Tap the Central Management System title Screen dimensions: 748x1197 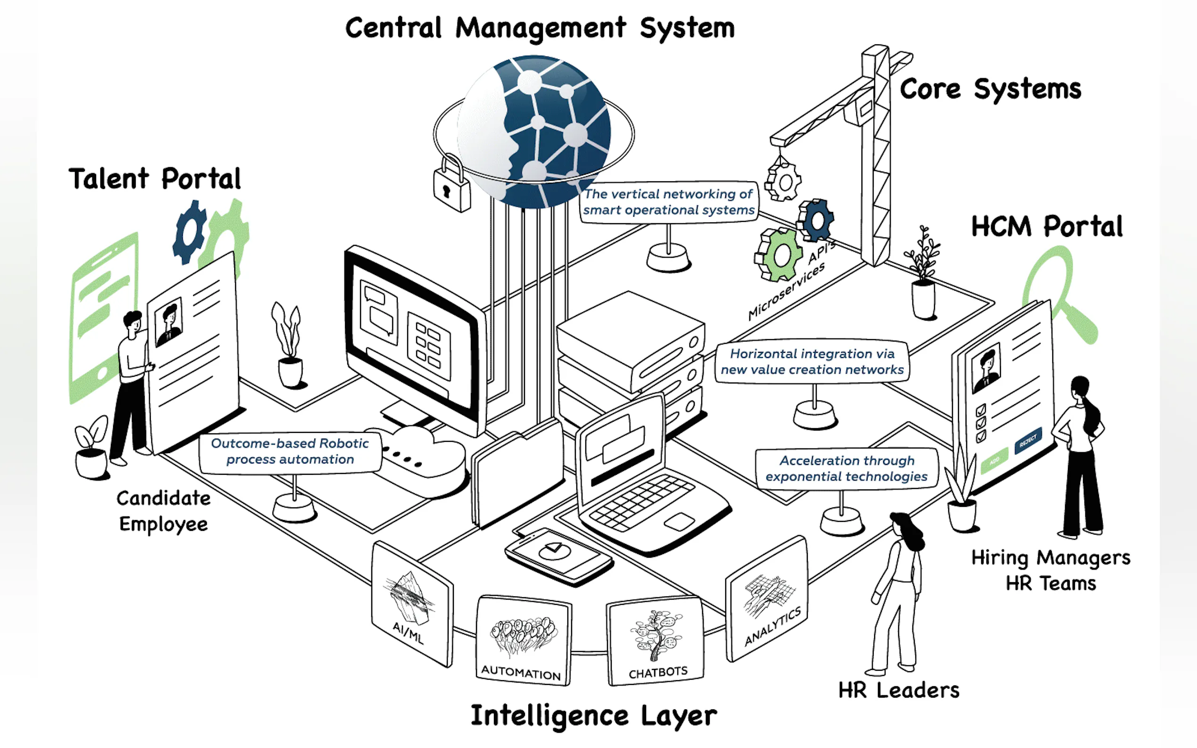540,28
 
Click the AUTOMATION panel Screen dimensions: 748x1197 523,641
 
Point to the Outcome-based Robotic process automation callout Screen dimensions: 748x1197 290,451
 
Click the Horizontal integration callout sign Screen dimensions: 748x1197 812,362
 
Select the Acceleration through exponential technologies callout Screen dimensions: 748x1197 846,469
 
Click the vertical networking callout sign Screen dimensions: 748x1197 669,202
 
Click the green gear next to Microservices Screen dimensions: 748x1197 779,254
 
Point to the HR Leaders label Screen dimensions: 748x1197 898,690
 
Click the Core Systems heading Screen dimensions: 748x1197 990,89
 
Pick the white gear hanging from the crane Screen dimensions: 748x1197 783,181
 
